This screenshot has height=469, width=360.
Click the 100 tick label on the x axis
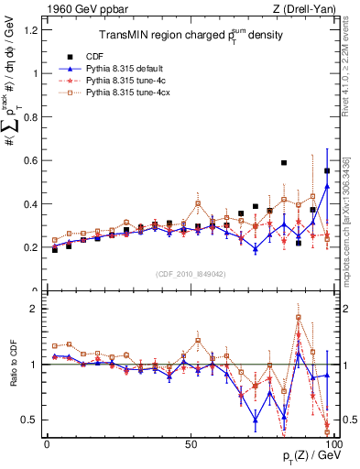pyautogui.click(x=333, y=442)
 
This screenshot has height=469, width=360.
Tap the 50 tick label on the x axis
pyautogui.click(x=190, y=442)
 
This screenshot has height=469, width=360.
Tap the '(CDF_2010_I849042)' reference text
pyautogui.click(x=190, y=272)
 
